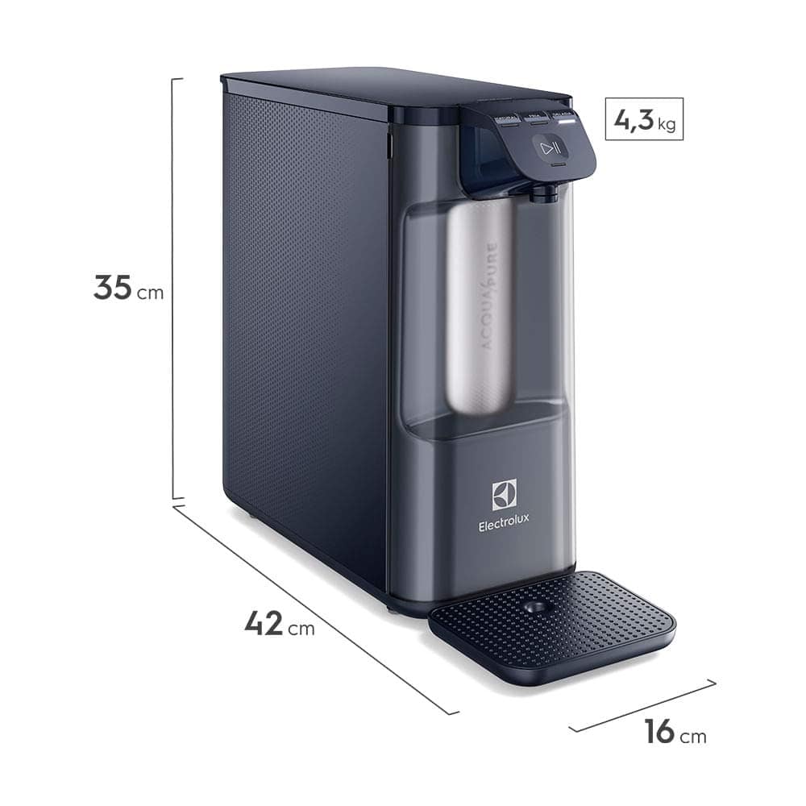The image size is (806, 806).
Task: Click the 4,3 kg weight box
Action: [644, 119]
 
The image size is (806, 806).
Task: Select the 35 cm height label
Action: [128, 289]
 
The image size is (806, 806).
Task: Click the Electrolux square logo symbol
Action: [504, 494]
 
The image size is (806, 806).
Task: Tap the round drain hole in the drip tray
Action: [533, 607]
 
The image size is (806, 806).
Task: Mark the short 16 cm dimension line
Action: [642, 706]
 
